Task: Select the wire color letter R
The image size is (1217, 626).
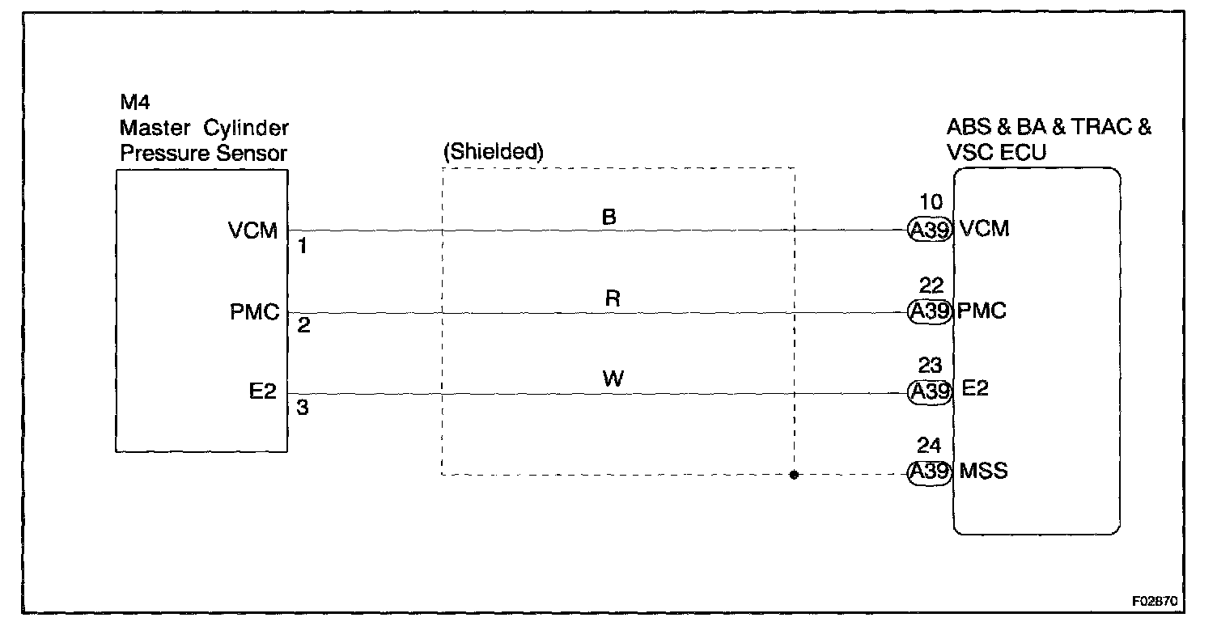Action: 613,298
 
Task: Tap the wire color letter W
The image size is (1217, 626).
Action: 613,379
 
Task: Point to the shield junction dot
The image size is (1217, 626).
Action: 794,475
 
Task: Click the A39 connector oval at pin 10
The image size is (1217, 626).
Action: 928,230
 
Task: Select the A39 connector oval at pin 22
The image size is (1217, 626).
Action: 928,311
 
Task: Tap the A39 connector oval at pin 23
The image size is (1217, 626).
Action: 928,391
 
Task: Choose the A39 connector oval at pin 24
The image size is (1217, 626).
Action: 928,472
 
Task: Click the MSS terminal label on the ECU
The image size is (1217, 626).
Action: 983,472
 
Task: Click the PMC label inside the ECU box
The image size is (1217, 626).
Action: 982,311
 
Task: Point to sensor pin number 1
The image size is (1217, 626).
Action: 303,247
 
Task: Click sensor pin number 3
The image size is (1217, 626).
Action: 303,408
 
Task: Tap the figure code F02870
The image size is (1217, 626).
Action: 1156,603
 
